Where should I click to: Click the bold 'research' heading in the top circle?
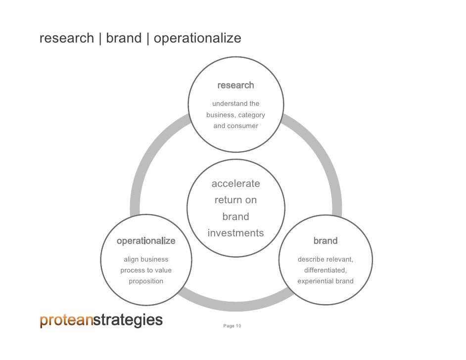point(235,86)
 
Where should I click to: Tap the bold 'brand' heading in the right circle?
point(326,241)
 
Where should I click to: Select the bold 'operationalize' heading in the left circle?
point(146,241)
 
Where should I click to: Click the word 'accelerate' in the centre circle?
point(235,184)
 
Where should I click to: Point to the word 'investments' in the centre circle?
point(235,233)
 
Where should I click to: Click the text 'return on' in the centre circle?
point(235,200)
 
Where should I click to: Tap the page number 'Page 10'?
point(232,326)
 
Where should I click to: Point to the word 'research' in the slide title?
point(67,38)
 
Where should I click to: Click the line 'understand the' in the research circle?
point(235,104)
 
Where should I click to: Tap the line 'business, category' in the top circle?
point(235,115)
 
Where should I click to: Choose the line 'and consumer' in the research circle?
point(235,126)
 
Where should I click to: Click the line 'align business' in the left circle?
point(146,259)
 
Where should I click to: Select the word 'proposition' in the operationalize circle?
point(146,281)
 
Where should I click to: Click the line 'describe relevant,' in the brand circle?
point(326,259)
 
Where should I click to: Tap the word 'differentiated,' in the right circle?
point(326,270)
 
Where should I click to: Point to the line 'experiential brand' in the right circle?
point(326,281)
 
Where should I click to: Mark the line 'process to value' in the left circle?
point(146,270)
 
